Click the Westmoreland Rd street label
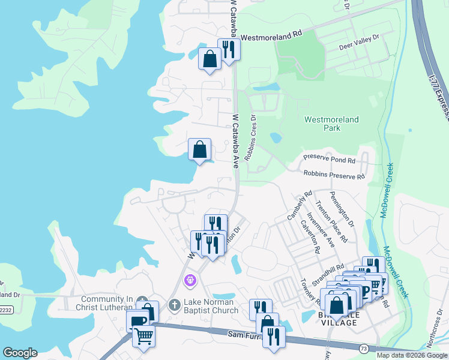[271, 36]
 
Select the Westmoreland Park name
[331, 124]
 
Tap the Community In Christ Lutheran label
[106, 304]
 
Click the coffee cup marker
[137, 321]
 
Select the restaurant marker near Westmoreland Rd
[229, 49]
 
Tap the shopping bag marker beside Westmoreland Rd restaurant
[209, 59]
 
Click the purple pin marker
[191, 280]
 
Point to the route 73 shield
[364, 348]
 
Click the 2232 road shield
[5, 310]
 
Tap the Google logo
[20, 353]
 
